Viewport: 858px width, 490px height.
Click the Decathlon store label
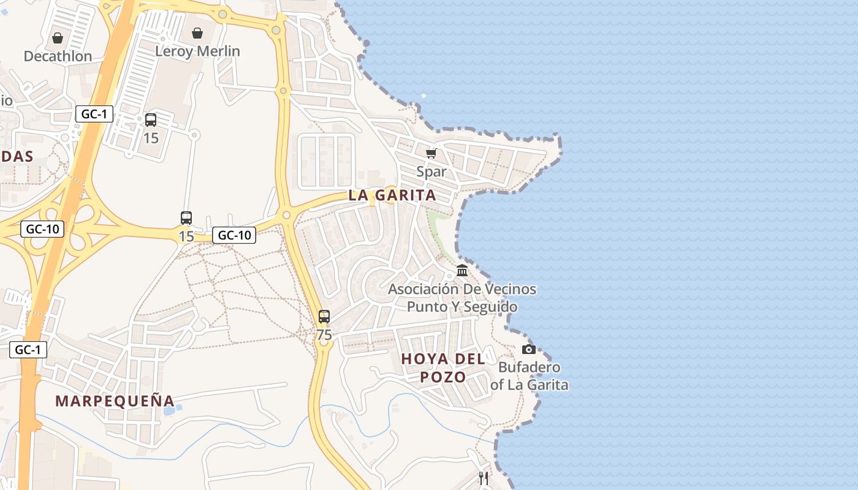click(x=58, y=56)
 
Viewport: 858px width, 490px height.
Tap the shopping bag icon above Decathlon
click(x=58, y=38)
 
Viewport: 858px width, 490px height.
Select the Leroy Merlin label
click(x=197, y=51)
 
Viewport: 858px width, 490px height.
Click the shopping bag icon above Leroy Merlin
click(x=197, y=32)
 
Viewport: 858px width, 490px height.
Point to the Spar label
click(x=431, y=172)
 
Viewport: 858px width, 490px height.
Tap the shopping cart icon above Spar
click(x=431, y=153)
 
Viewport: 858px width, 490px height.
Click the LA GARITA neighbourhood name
click(x=392, y=195)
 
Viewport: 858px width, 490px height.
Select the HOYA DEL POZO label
click(x=443, y=367)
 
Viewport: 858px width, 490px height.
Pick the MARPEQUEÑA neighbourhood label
click(x=115, y=401)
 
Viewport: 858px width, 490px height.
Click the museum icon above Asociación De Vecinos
click(x=462, y=270)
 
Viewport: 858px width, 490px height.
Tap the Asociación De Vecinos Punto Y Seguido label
click(x=462, y=298)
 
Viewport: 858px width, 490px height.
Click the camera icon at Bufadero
click(x=528, y=349)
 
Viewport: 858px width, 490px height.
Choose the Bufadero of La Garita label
click(x=529, y=376)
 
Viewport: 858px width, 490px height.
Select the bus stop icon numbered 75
click(x=324, y=317)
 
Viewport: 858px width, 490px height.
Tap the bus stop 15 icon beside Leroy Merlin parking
click(x=151, y=120)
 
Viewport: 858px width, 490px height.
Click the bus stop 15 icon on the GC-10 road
click(x=186, y=217)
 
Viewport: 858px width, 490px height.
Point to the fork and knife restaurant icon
click(x=484, y=478)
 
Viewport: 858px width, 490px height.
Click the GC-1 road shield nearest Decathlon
click(x=94, y=113)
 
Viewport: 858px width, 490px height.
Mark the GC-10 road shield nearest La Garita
click(x=234, y=235)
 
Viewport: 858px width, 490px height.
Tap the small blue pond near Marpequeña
click(x=169, y=410)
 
